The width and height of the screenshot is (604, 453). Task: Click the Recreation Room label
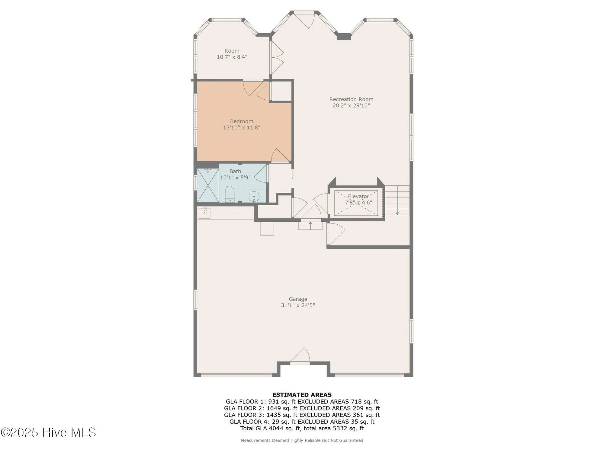351,99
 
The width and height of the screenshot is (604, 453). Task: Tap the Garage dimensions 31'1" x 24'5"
298,305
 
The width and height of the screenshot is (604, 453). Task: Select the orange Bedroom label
242,121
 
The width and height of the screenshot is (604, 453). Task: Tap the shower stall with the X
208,185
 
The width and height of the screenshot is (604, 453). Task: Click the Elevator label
358,197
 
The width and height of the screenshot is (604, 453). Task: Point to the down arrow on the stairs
397,212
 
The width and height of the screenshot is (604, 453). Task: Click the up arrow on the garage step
310,224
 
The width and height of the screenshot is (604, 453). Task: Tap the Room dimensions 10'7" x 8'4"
232,57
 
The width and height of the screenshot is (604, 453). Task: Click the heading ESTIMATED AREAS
302,395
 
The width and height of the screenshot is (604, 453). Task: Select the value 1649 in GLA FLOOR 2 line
274,408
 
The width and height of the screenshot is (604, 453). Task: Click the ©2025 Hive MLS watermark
48,432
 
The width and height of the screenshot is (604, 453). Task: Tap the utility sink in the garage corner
204,213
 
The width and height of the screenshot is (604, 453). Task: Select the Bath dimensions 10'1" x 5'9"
235,178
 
